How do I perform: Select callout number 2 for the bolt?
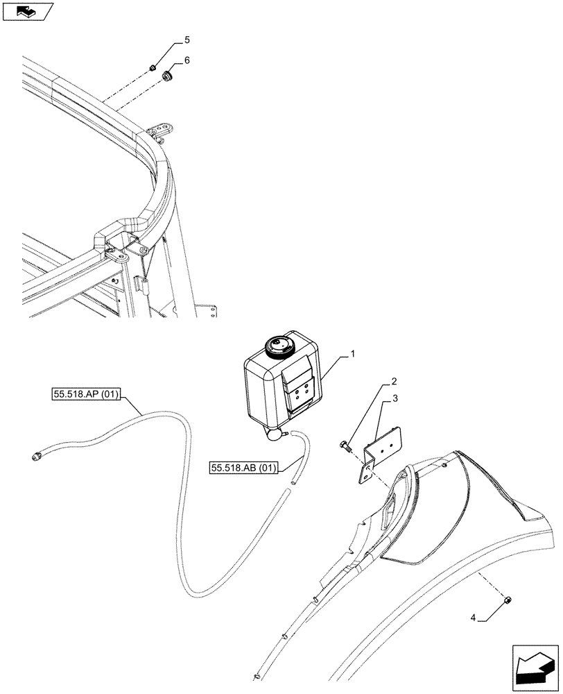point(394,382)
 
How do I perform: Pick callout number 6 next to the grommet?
point(186,60)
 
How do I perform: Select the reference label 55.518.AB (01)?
point(243,468)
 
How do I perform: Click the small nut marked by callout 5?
point(151,67)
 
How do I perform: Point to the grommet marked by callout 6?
point(166,74)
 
